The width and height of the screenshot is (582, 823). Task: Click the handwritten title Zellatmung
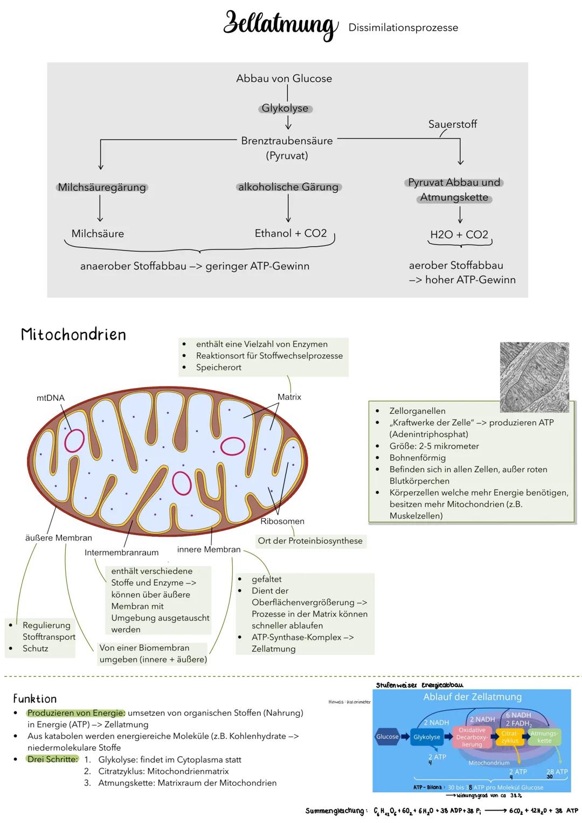point(280,25)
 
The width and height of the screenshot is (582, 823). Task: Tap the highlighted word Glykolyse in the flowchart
point(285,108)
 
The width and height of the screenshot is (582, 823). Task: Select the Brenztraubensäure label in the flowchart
point(287,141)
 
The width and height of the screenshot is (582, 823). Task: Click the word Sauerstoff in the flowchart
point(452,125)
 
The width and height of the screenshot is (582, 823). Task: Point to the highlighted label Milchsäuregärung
point(102,188)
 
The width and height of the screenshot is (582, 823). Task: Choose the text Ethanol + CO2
point(290,233)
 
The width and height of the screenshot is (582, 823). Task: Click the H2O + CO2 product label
point(459,235)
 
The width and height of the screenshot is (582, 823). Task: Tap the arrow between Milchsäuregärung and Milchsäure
point(100,209)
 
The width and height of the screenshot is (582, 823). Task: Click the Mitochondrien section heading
point(73,335)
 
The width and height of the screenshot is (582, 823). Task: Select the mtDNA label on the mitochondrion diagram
point(51,398)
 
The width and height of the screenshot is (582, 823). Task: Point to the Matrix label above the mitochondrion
point(289,397)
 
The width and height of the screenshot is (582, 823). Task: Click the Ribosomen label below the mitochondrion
point(282,521)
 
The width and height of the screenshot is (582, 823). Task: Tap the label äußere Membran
point(59,538)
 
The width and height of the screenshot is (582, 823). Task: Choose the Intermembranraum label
point(121,552)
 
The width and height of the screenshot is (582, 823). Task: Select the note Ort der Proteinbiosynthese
point(310,541)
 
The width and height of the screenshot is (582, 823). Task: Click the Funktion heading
point(35,699)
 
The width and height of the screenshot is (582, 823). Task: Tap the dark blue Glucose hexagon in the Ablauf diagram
point(387,737)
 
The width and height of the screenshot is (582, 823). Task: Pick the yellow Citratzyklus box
point(509,737)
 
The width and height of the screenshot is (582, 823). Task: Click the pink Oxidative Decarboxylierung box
point(472,737)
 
